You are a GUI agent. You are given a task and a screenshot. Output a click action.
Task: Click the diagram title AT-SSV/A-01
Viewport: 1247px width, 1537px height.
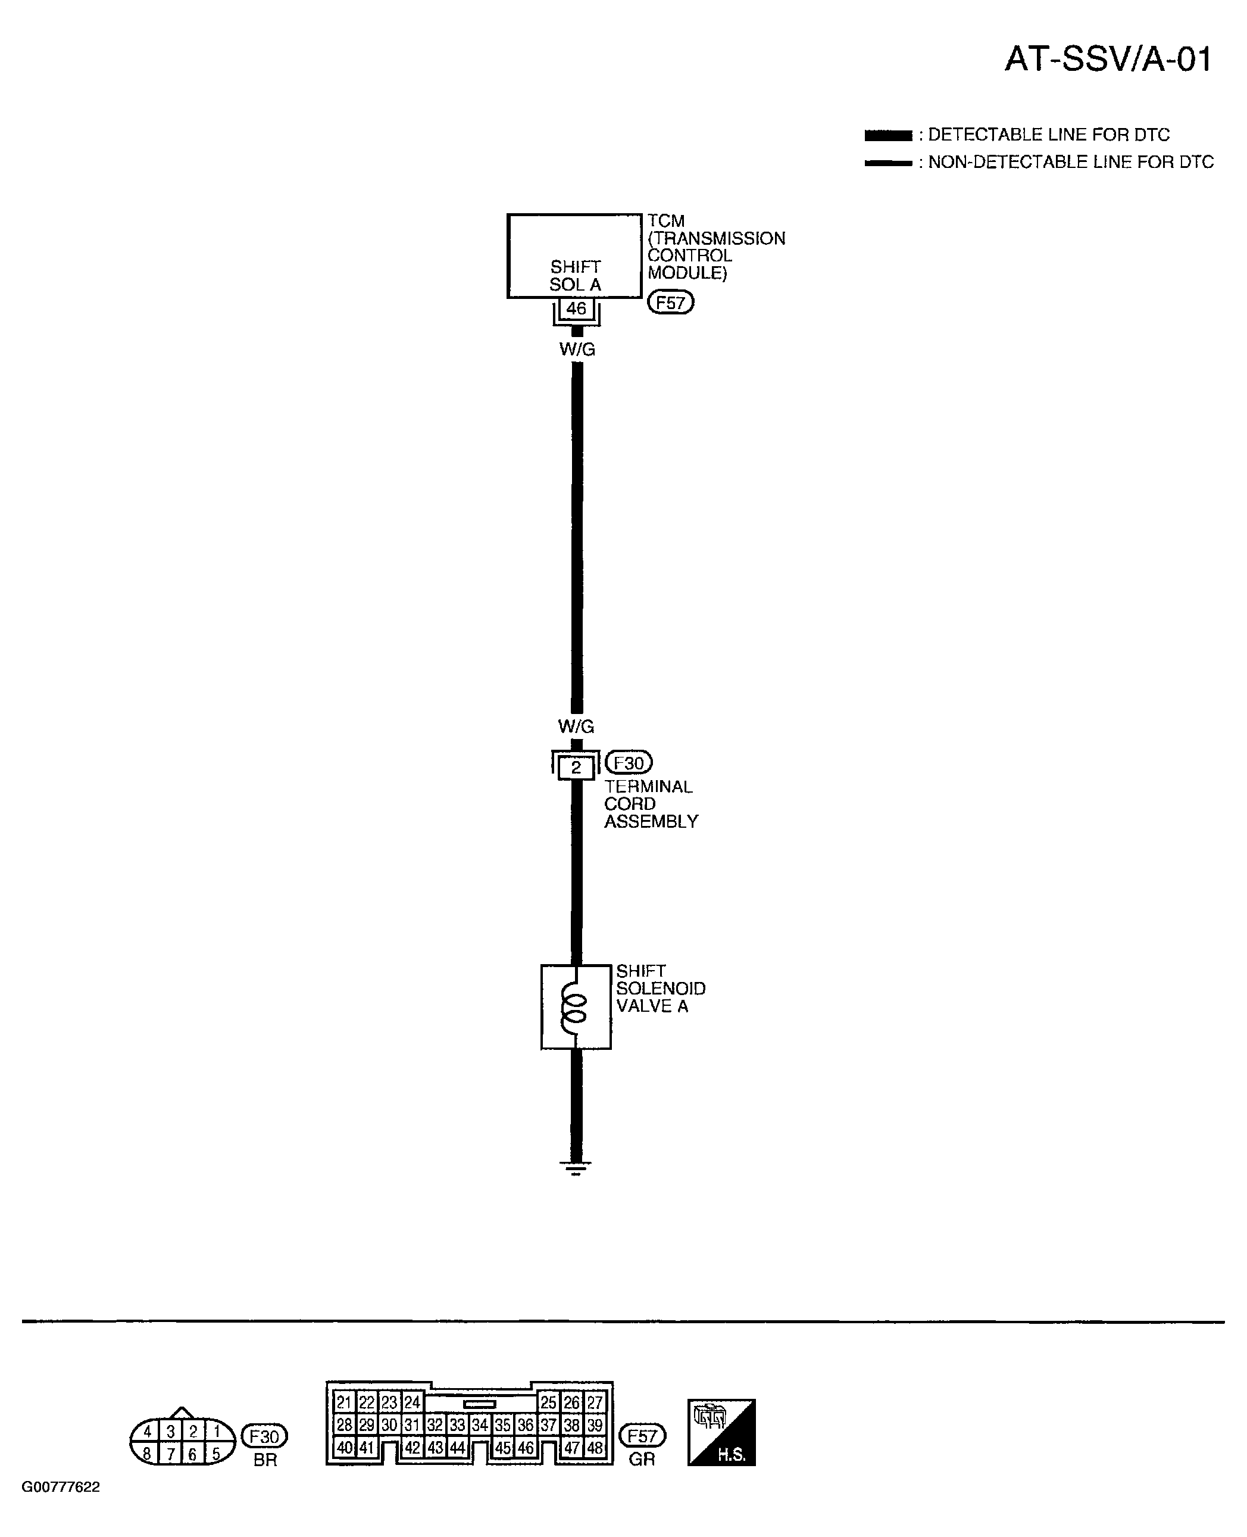click(x=1108, y=59)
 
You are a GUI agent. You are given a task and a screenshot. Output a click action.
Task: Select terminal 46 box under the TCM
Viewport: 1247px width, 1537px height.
click(x=576, y=309)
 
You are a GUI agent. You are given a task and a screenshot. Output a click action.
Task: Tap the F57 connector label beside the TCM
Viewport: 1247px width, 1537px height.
click(x=671, y=303)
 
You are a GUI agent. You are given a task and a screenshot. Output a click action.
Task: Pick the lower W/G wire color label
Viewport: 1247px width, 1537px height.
click(x=577, y=727)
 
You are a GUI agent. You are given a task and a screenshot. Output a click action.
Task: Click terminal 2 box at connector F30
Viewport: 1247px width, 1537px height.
click(x=576, y=768)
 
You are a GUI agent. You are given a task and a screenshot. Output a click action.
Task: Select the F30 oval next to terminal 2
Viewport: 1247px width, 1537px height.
click(x=629, y=762)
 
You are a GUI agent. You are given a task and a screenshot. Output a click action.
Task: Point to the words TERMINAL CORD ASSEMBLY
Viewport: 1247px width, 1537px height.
click(x=651, y=804)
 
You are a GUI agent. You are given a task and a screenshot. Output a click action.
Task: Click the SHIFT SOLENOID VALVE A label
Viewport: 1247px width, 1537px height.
click(x=661, y=988)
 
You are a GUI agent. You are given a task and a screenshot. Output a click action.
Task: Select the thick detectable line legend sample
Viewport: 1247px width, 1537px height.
click(x=889, y=135)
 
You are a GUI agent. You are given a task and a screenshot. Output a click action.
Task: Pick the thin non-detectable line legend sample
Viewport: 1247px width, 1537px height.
click(x=889, y=163)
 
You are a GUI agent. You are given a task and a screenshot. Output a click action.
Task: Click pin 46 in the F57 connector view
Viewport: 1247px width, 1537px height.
click(x=526, y=1448)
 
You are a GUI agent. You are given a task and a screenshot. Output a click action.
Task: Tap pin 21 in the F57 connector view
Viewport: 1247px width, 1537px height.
click(x=344, y=1402)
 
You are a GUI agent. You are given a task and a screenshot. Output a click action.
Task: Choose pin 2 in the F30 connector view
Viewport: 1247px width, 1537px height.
click(x=193, y=1432)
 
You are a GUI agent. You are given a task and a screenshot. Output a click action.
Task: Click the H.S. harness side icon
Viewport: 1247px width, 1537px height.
click(x=721, y=1432)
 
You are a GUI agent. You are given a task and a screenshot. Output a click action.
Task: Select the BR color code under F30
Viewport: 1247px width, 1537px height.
click(x=265, y=1460)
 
